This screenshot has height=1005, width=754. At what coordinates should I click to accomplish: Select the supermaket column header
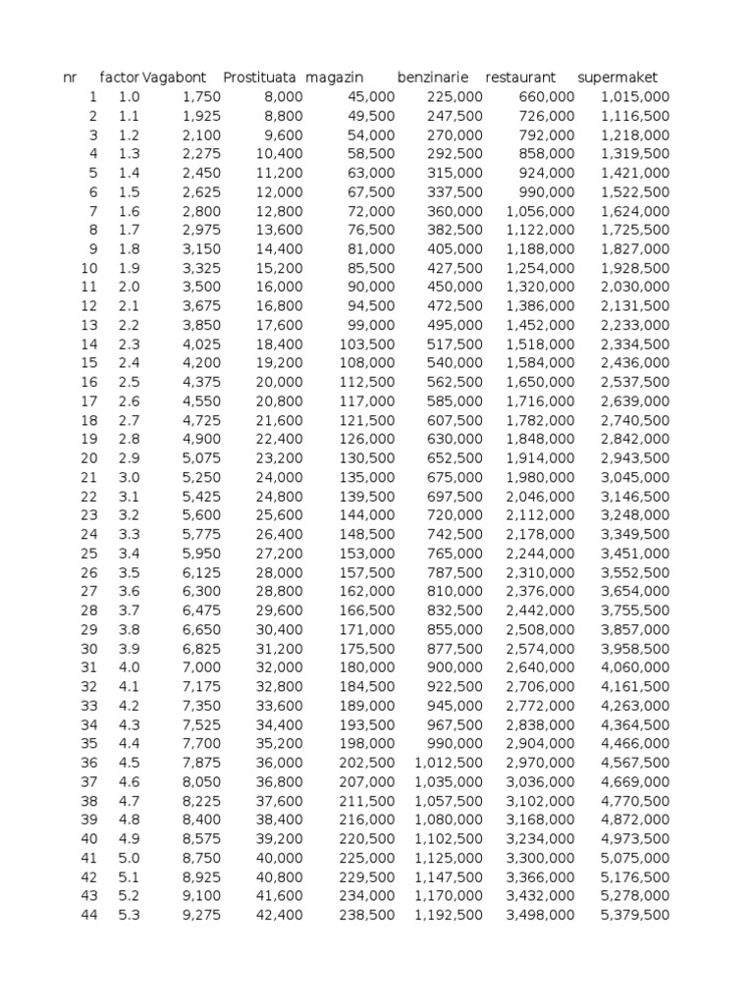point(618,78)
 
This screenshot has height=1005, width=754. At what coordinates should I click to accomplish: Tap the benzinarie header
point(433,78)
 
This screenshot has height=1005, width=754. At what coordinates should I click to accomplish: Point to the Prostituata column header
point(259,78)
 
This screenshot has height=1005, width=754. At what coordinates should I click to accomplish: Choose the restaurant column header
point(520,78)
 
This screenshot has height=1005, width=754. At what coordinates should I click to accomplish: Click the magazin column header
point(334,78)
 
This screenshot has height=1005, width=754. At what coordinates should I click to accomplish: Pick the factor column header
point(120,78)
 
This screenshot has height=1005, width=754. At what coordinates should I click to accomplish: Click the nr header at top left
point(69,78)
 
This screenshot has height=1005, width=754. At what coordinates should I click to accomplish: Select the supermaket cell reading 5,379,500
point(635,915)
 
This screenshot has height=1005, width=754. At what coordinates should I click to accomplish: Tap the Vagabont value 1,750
point(202,96)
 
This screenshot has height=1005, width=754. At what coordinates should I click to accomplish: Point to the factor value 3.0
point(130,477)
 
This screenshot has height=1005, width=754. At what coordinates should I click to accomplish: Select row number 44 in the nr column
point(89,915)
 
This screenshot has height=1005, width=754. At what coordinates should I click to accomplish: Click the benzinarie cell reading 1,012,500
point(449,763)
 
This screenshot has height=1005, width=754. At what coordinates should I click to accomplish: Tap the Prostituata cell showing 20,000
point(280,382)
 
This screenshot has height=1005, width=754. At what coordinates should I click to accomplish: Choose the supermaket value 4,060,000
point(635,667)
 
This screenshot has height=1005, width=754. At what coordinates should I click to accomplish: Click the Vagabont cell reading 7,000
point(202,667)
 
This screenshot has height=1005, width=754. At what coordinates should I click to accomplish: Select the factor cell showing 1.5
point(130,191)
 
